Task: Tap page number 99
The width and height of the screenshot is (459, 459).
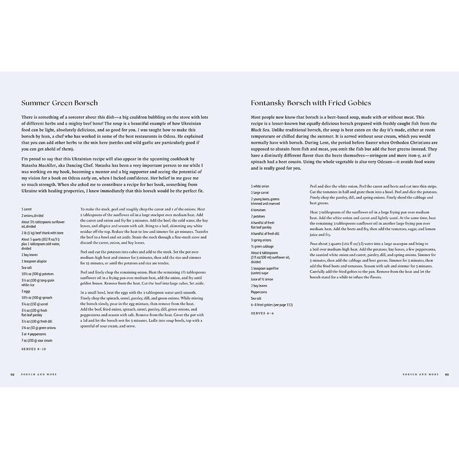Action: (x=447, y=374)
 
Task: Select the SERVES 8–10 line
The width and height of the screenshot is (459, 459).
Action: (x=36, y=349)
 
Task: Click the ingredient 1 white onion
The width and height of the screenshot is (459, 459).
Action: (x=261, y=186)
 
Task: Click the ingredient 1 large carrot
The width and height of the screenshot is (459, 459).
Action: (x=262, y=193)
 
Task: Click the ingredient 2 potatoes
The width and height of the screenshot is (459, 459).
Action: (x=260, y=217)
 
